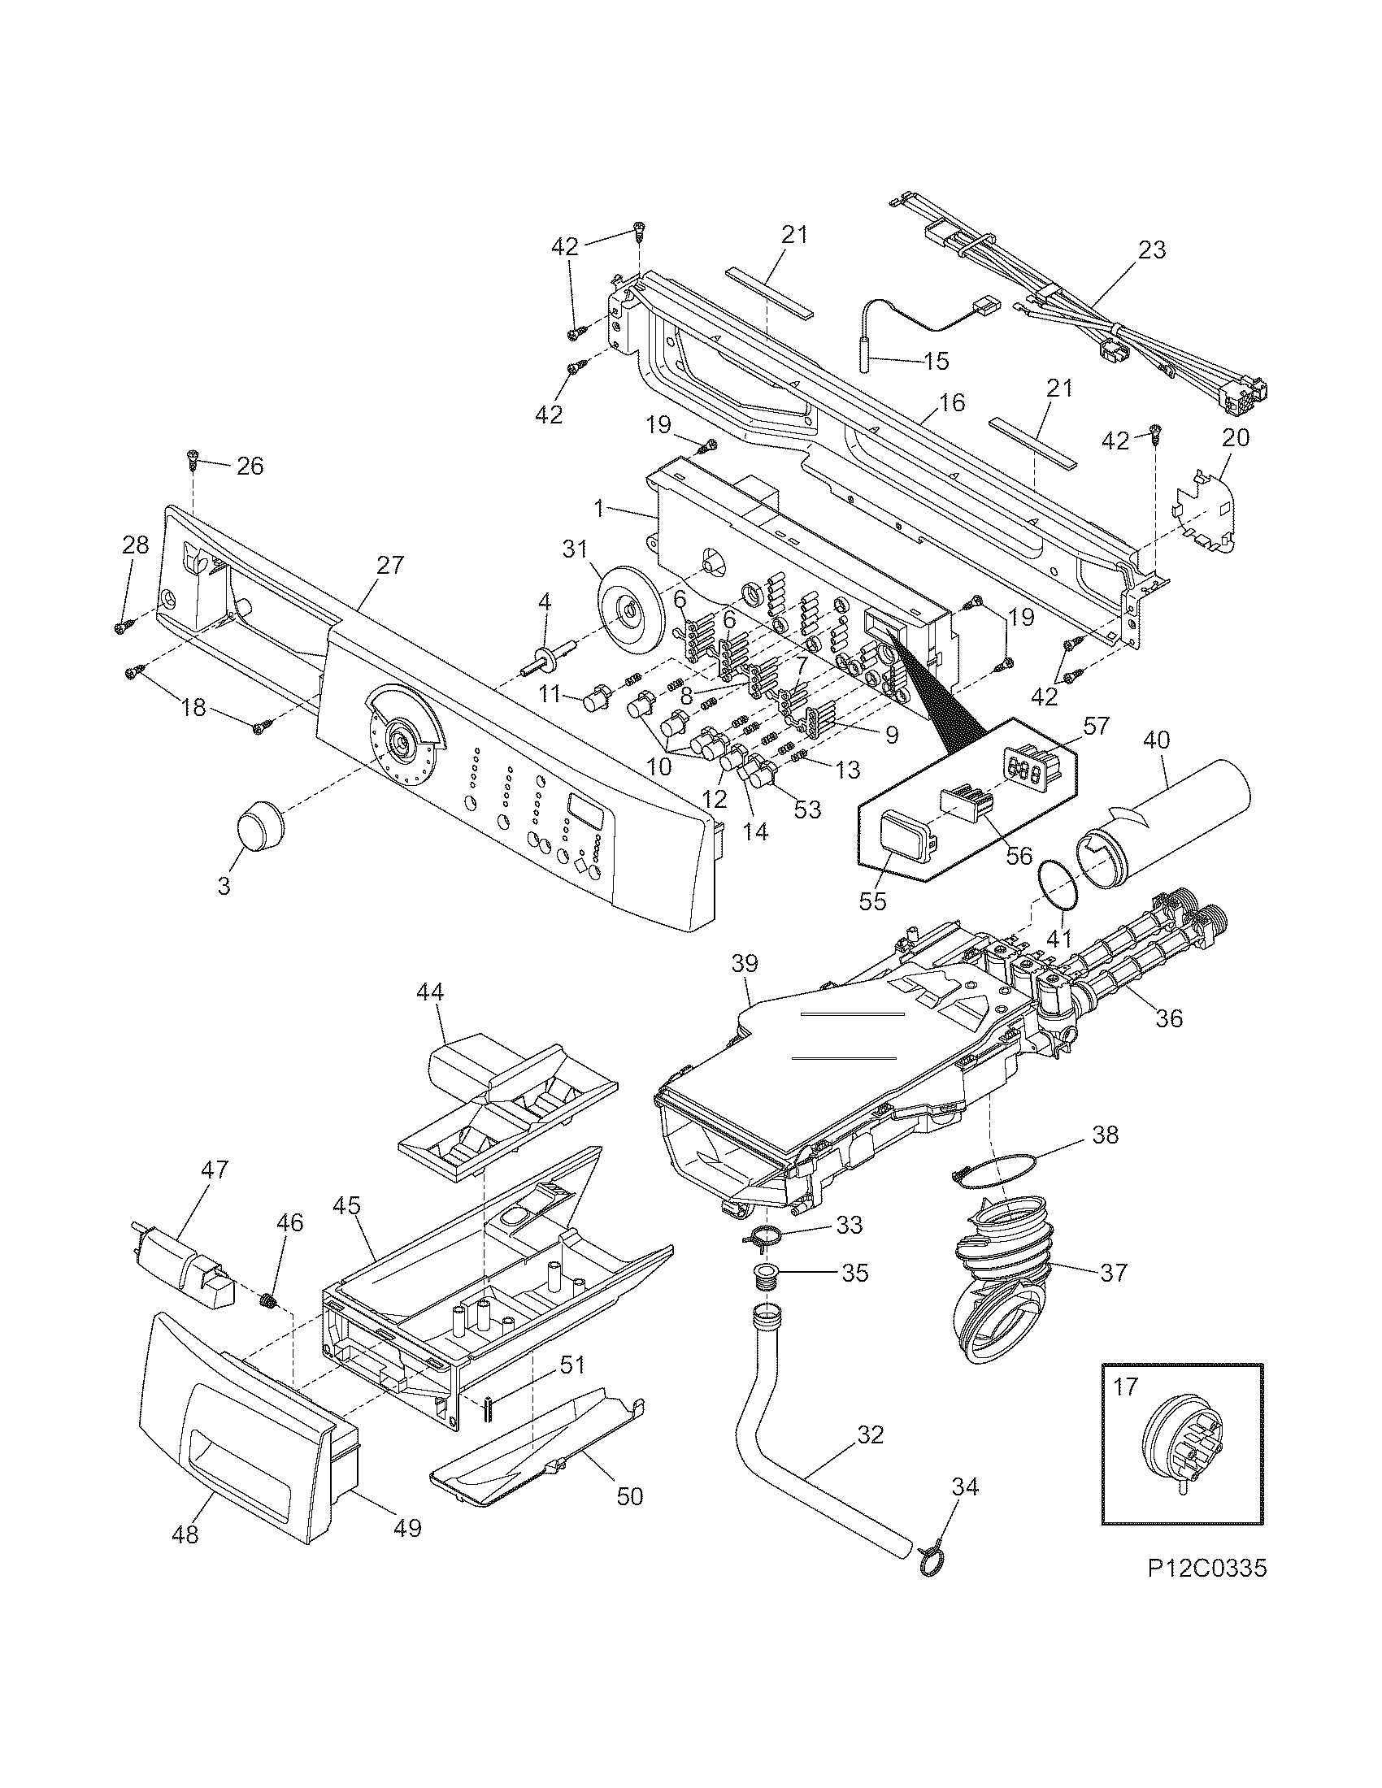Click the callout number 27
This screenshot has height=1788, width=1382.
pos(389,565)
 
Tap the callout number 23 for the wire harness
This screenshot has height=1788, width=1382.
pos(1151,250)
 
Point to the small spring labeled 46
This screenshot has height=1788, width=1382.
pos(267,1301)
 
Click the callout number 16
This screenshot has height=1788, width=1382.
pos(950,402)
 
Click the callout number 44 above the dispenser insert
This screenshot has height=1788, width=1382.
pos(429,992)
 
